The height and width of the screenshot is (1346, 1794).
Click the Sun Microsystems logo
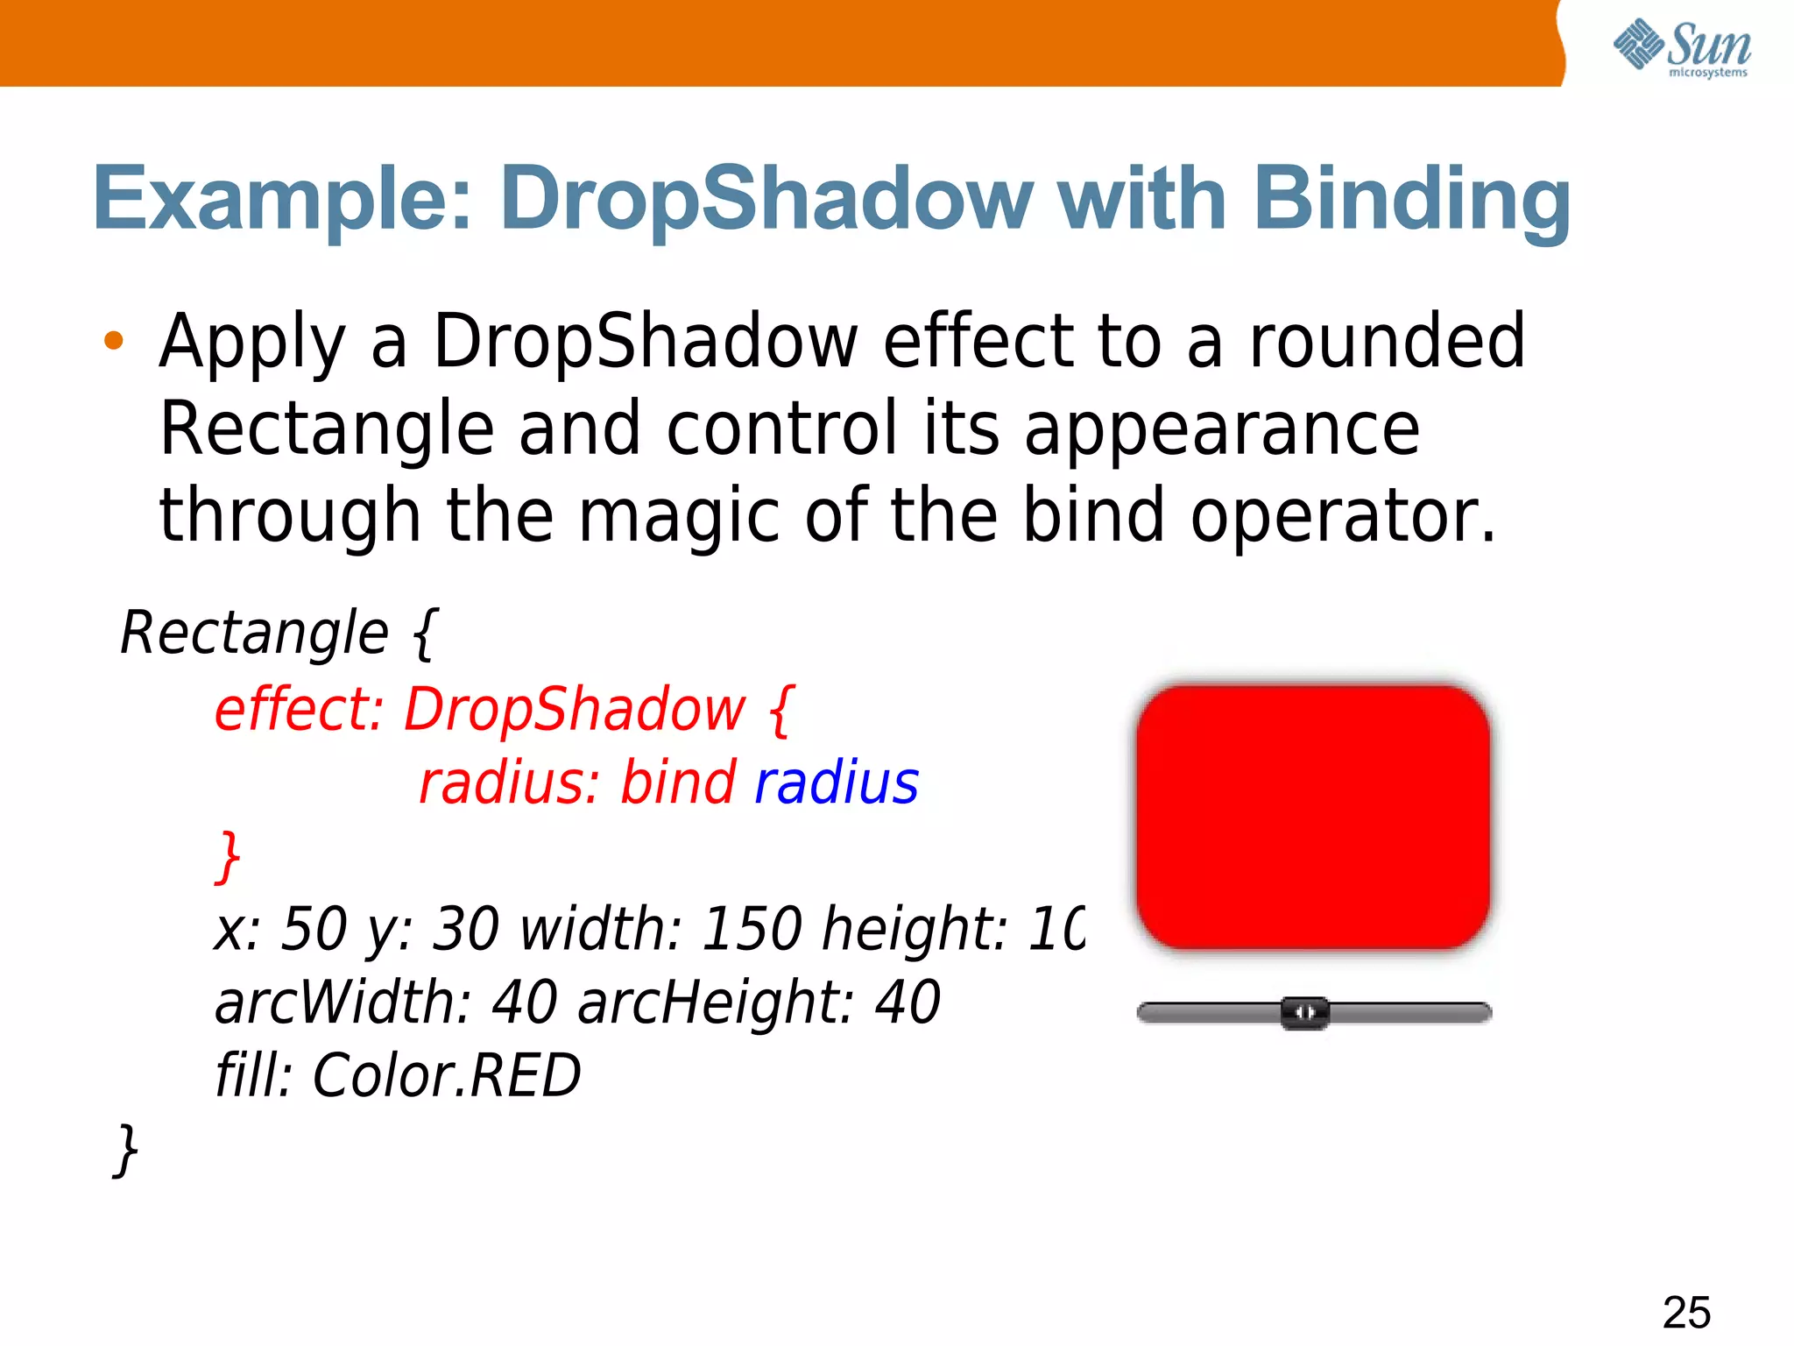point(1681,48)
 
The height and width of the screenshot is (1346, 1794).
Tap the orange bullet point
point(113,341)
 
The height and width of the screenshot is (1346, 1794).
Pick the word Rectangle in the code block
point(254,633)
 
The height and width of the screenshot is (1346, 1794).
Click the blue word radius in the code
point(837,783)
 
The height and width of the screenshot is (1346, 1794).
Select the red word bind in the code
point(677,783)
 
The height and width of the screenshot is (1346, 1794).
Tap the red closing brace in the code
point(229,856)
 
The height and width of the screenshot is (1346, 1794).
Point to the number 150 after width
point(752,929)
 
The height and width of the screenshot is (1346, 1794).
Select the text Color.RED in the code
point(447,1075)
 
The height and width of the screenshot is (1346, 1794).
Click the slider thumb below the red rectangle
point(1304,1013)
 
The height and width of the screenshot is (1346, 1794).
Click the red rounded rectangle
point(1312,817)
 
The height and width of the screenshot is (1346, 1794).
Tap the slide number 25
point(1686,1312)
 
